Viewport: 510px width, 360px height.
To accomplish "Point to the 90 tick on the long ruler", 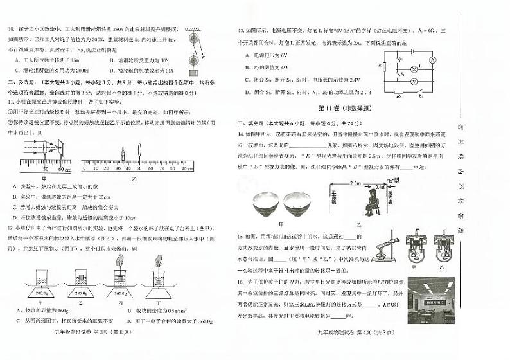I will point(184,168).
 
